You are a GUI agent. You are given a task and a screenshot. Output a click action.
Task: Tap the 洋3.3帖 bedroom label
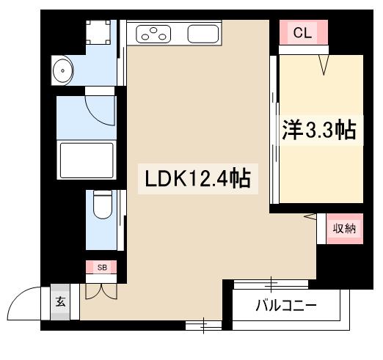(x=319, y=131)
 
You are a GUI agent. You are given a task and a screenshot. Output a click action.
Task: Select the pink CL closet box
(x=301, y=33)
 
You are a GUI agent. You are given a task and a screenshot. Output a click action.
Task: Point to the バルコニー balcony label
(x=286, y=305)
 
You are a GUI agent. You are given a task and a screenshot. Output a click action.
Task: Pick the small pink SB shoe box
(x=102, y=268)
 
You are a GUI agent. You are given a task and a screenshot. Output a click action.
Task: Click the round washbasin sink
(x=63, y=71)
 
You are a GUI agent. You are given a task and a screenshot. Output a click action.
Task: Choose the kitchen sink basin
(x=203, y=33)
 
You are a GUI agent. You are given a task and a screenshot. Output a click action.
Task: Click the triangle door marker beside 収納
(x=310, y=216)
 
